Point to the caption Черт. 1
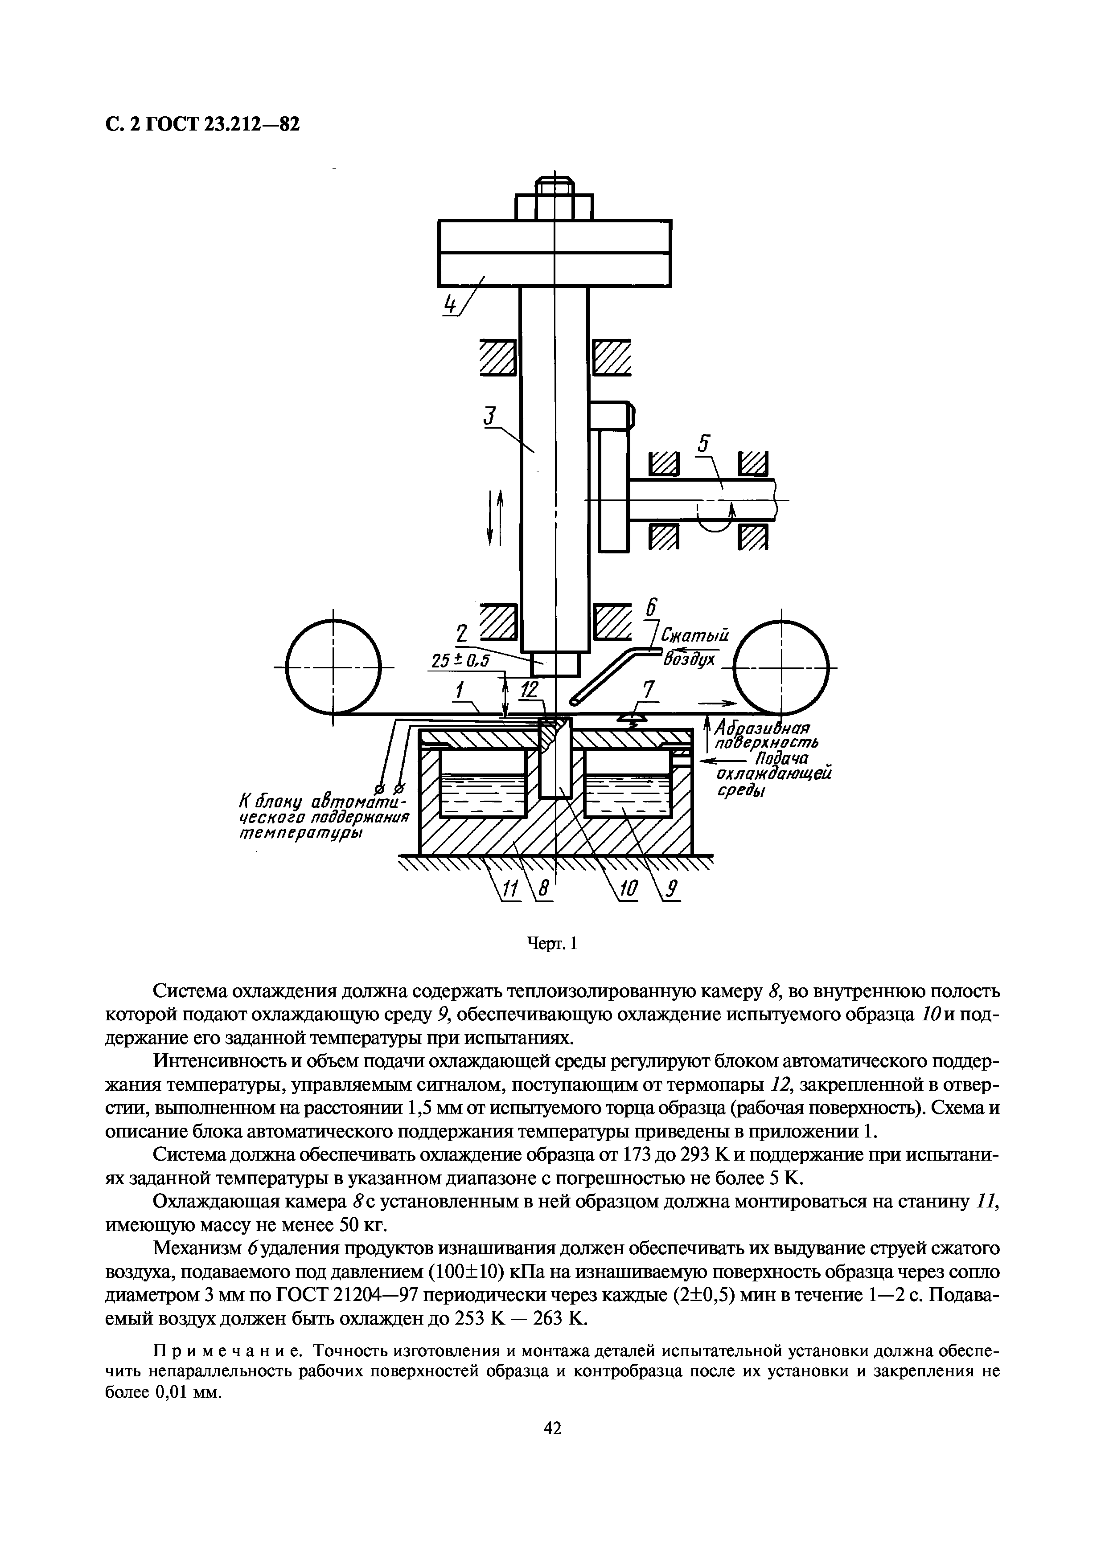(552, 943)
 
